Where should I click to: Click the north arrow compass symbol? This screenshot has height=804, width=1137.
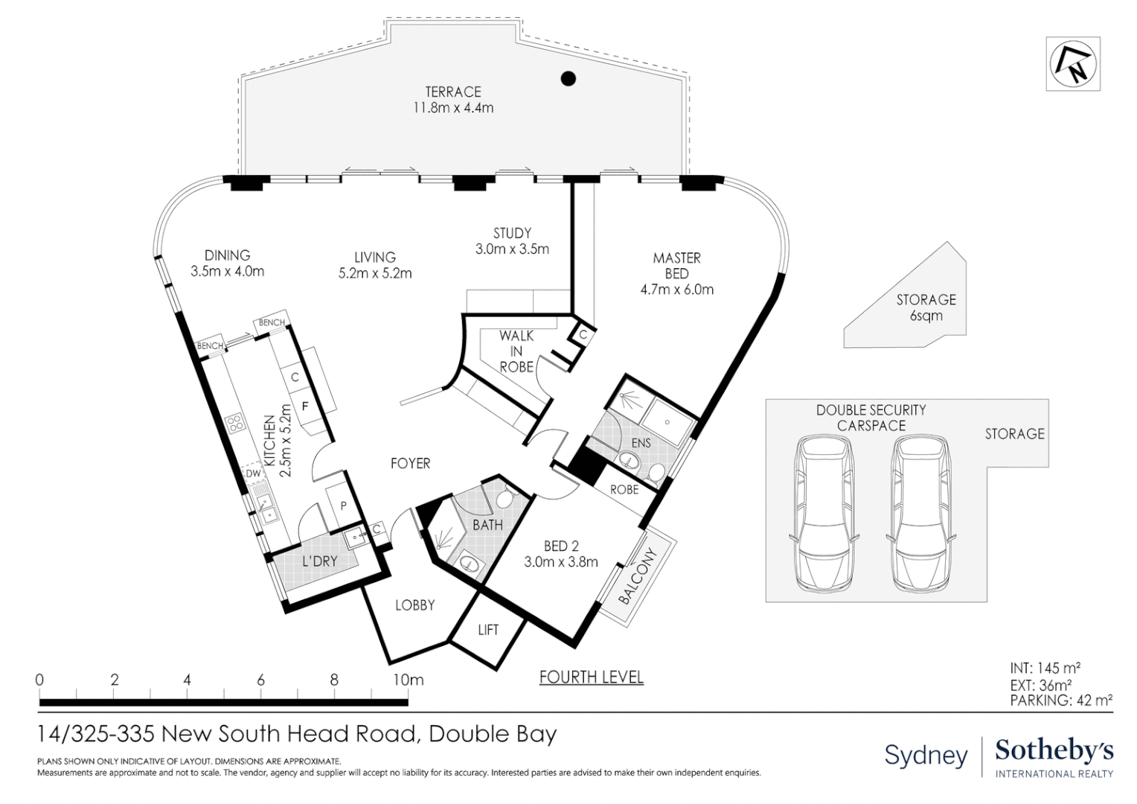click(x=1072, y=64)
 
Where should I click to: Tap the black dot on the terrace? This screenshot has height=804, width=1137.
click(x=568, y=78)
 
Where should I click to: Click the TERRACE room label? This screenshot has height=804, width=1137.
click(x=453, y=92)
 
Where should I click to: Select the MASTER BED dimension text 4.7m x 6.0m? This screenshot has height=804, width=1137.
click(x=676, y=290)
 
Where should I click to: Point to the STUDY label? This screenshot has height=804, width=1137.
click(x=512, y=233)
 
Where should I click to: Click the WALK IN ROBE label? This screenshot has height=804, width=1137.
click(x=516, y=351)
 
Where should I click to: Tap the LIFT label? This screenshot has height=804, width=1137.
click(x=488, y=630)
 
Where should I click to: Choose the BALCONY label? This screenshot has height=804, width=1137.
click(x=638, y=576)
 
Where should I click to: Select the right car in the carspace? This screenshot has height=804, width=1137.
click(x=920, y=513)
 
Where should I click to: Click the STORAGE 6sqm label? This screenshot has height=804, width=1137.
click(x=926, y=307)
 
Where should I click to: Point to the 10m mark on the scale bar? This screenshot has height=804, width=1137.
click(x=408, y=680)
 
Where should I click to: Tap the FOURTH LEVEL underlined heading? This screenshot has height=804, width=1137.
click(x=591, y=677)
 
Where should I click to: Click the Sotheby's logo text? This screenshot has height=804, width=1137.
click(x=1054, y=750)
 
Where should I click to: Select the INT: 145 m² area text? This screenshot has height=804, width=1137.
click(x=1045, y=669)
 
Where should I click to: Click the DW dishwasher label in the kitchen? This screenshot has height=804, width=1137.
click(x=253, y=473)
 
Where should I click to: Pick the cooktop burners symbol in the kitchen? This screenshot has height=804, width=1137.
click(x=235, y=424)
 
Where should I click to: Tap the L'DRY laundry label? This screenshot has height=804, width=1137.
click(x=320, y=561)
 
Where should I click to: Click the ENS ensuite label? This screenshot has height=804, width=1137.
click(x=641, y=443)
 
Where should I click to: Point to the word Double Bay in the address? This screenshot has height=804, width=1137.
click(x=493, y=734)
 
